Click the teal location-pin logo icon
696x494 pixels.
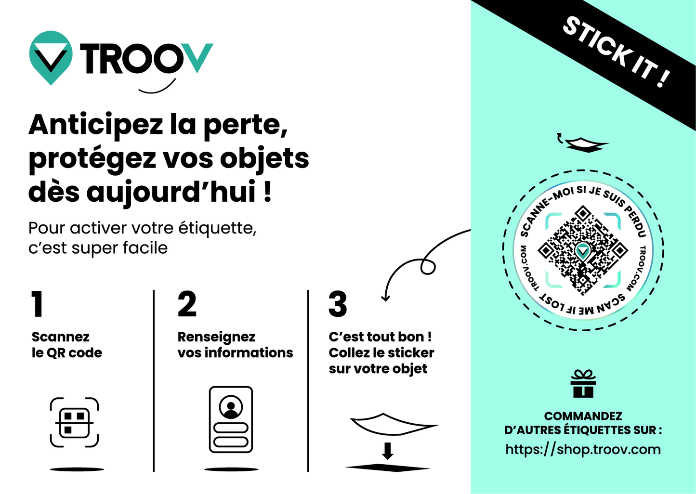(x=51, y=57)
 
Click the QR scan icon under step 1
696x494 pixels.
(x=74, y=422)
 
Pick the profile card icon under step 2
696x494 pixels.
(x=231, y=419)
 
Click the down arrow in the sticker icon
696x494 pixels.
(x=387, y=451)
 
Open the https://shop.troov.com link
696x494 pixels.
(x=583, y=449)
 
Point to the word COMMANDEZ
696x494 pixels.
(x=583, y=416)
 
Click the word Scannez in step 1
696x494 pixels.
(x=61, y=337)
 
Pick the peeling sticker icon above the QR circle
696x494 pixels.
(x=583, y=143)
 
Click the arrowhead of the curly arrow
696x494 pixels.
(x=385, y=298)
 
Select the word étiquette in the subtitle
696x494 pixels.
(x=217, y=228)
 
